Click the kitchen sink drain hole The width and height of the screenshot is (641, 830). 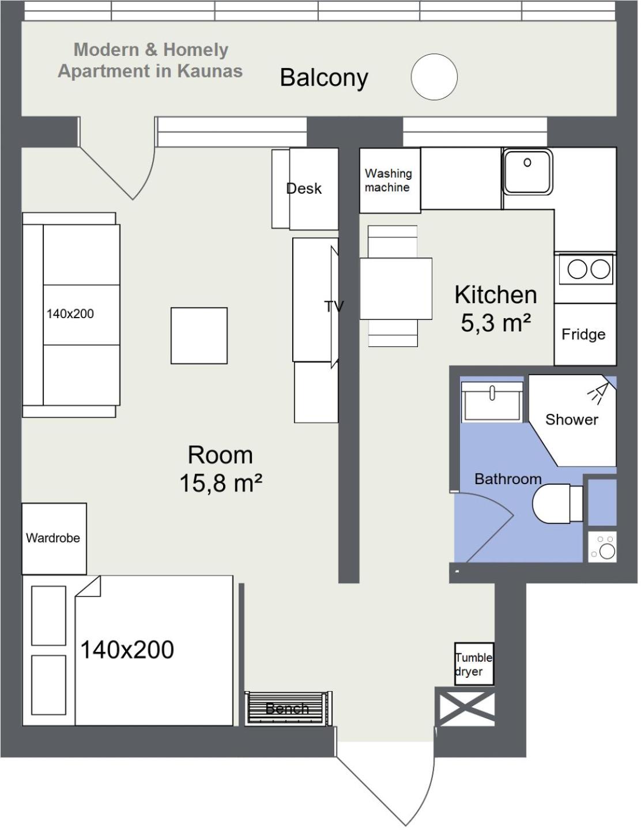click(x=529, y=163)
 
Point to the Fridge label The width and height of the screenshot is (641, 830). click(x=586, y=335)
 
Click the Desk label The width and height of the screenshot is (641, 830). click(x=305, y=189)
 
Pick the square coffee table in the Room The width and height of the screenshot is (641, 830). click(x=200, y=337)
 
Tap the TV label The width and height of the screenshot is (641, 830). click(x=335, y=307)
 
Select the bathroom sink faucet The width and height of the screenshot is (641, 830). click(x=495, y=395)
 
